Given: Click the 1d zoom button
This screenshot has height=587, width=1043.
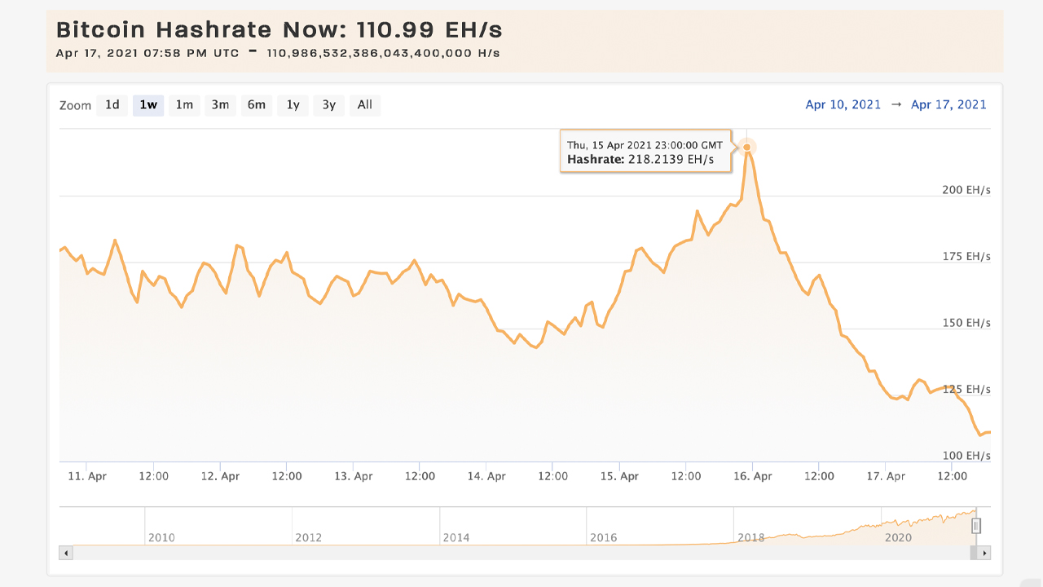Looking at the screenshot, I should pyautogui.click(x=112, y=104).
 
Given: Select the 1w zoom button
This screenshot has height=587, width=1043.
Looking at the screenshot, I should pyautogui.click(x=148, y=104).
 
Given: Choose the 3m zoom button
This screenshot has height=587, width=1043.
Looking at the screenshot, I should pyautogui.click(x=220, y=104).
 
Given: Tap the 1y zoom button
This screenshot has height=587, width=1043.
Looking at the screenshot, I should pyautogui.click(x=293, y=104).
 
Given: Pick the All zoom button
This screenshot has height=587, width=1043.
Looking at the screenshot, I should pyautogui.click(x=364, y=104).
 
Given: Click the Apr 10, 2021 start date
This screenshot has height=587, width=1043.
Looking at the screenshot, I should pyautogui.click(x=843, y=104).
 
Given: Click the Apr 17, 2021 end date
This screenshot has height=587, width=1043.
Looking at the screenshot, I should pyautogui.click(x=948, y=104).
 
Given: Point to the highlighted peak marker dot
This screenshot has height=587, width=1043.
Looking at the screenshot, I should pyautogui.click(x=746, y=147).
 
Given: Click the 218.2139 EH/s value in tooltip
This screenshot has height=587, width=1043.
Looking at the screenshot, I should pyautogui.click(x=670, y=160).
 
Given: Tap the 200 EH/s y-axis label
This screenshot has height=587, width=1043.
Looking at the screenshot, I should pyautogui.click(x=966, y=190).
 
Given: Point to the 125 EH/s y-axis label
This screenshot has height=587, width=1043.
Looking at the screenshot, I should pyautogui.click(x=966, y=389).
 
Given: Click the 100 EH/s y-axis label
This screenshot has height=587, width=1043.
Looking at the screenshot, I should pyautogui.click(x=966, y=456).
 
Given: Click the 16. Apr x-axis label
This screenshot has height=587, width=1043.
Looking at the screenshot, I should pyautogui.click(x=752, y=476).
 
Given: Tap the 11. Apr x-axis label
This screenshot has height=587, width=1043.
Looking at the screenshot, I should pyautogui.click(x=86, y=476).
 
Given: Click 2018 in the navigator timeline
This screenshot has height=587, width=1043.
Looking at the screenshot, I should pyautogui.click(x=750, y=537).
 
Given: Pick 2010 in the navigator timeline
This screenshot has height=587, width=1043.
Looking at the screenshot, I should pyautogui.click(x=161, y=537).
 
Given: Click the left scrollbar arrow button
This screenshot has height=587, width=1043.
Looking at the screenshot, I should pyautogui.click(x=67, y=553).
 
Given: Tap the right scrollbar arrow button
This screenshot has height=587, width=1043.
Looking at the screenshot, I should pyautogui.click(x=984, y=553).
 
